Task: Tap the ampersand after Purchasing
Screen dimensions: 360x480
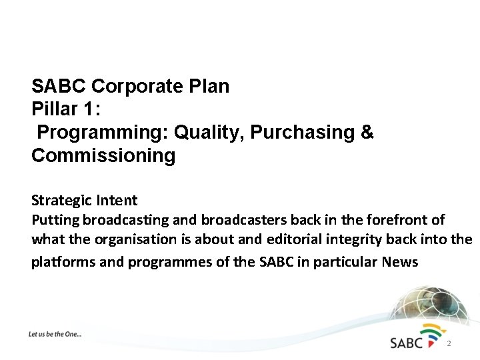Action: [x=367, y=133]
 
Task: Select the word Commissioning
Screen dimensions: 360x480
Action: [x=103, y=156]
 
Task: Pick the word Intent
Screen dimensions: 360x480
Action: [x=115, y=200]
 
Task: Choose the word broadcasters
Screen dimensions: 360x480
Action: [x=241, y=220]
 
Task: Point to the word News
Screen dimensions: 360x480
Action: [x=400, y=262]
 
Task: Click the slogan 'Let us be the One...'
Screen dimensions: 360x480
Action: [x=55, y=333]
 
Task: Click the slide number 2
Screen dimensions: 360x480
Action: [x=449, y=344]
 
